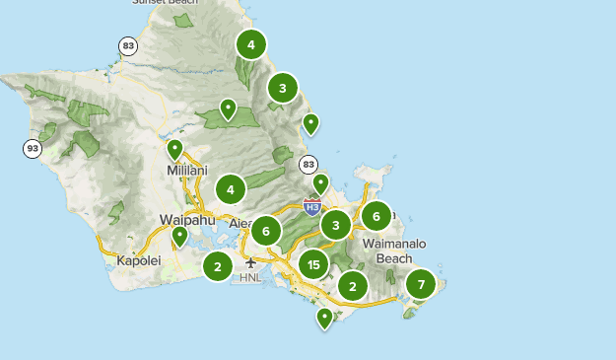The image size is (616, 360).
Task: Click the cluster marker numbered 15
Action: (313, 263)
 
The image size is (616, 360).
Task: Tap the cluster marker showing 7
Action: (421, 284)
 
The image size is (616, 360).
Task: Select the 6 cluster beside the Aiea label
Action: (265, 231)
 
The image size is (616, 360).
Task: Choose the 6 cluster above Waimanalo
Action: (376, 216)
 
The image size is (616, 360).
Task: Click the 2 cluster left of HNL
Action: (217, 265)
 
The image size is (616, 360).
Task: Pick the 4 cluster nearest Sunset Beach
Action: (251, 44)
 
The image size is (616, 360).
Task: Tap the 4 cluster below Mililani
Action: (230, 188)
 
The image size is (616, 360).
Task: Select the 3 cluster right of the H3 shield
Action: (336, 226)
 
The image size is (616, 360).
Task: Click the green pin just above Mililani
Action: (174, 150)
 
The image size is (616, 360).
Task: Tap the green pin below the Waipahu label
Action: (179, 236)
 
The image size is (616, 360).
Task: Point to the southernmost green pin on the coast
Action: (324, 318)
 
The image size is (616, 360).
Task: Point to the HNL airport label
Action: (251, 278)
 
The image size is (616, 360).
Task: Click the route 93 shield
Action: (33, 149)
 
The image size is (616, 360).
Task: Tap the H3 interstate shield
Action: (311, 207)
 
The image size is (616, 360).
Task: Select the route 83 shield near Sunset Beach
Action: (127, 45)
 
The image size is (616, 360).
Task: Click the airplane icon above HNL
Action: (251, 262)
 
